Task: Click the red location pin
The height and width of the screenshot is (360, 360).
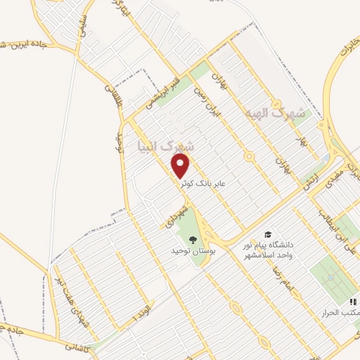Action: click(181, 166)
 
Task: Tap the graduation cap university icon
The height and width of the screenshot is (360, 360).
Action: click(267, 234)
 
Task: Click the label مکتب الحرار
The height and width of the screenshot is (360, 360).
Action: click(337, 311)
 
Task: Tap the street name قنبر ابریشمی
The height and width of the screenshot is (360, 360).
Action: click(161, 91)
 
